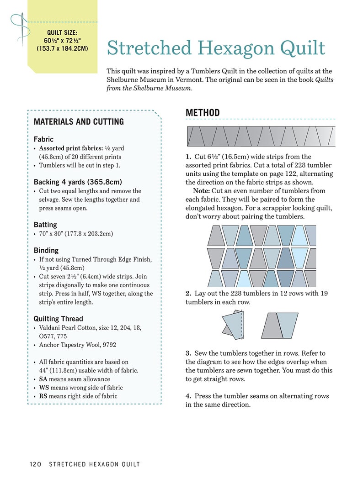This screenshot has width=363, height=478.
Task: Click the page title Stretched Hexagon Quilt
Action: click(216, 48)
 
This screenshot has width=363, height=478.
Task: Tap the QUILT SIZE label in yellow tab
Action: click(62, 32)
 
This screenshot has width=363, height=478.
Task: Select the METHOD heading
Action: click(203, 113)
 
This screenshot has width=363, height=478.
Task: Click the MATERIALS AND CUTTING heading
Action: click(79, 122)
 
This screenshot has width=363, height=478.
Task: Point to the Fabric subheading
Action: click(43, 139)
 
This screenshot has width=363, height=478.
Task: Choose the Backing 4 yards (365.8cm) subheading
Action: click(78, 182)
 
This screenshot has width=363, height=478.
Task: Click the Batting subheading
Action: click(45, 225)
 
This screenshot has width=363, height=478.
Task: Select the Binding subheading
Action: click(46, 250)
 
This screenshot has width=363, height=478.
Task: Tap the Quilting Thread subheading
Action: click(58, 319)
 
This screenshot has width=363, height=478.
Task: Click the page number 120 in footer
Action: click(36, 464)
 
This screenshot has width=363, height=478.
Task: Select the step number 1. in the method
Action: click(188, 157)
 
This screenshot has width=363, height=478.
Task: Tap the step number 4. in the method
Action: click(188, 396)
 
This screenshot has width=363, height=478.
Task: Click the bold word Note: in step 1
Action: click(201, 191)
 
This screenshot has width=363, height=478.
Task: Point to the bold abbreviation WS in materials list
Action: click(43, 388)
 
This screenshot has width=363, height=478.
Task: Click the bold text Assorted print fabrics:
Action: click(68, 148)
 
